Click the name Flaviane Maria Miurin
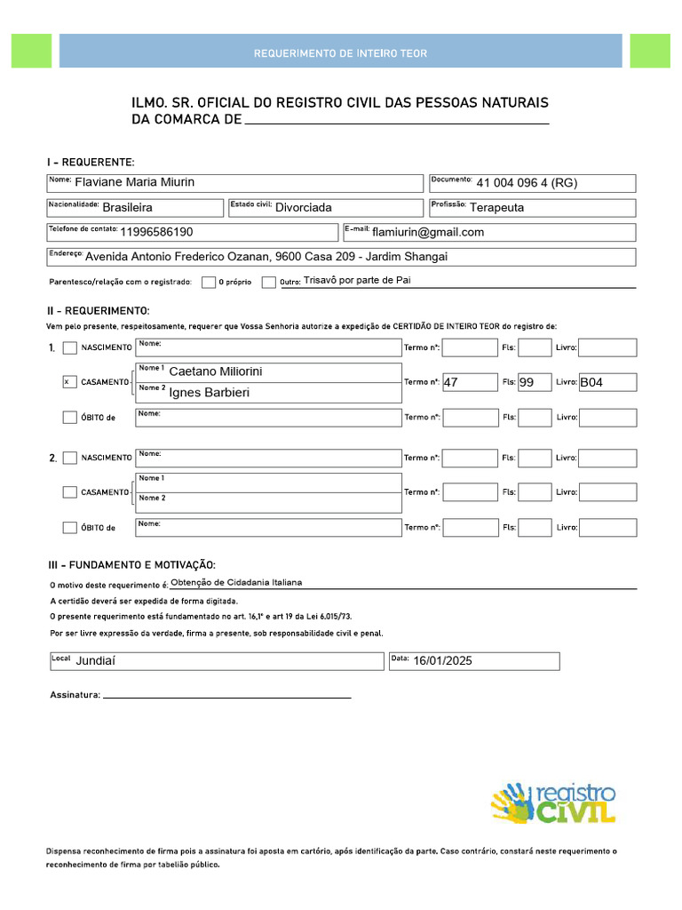pyautogui.click(x=135, y=183)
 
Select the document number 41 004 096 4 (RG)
pyautogui.click(x=527, y=184)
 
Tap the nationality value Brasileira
pyautogui.click(x=128, y=207)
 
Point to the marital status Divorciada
pyautogui.click(x=304, y=207)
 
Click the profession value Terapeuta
pyautogui.click(x=496, y=207)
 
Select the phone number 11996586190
pyautogui.click(x=156, y=232)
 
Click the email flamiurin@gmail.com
pyautogui.click(x=428, y=232)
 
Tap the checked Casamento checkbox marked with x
pyautogui.click(x=69, y=382)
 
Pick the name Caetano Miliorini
pyautogui.click(x=216, y=371)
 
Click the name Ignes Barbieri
pyautogui.click(x=210, y=392)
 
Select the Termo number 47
pyautogui.click(x=451, y=382)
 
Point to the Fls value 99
pyautogui.click(x=527, y=382)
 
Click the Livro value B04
pyautogui.click(x=591, y=382)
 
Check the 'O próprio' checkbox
pyautogui.click(x=209, y=283)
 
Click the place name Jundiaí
pyautogui.click(x=96, y=661)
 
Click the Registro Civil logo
pyautogui.click(x=553, y=802)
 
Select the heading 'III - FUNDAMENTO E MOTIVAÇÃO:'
pyautogui.click(x=131, y=565)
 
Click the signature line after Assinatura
pyautogui.click(x=226, y=696)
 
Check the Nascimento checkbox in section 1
pyautogui.click(x=69, y=347)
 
